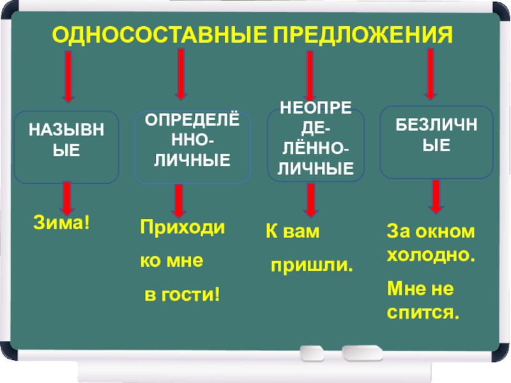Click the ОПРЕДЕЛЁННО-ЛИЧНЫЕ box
tap(192, 147)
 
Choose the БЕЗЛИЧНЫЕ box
tap(437, 142)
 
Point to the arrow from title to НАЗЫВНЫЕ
tap(68, 77)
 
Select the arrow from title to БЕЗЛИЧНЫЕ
tap(431, 71)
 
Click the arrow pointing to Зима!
tap(66, 199)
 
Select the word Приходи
tap(182, 227)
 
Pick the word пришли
tap(312, 264)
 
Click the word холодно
tap(431, 254)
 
